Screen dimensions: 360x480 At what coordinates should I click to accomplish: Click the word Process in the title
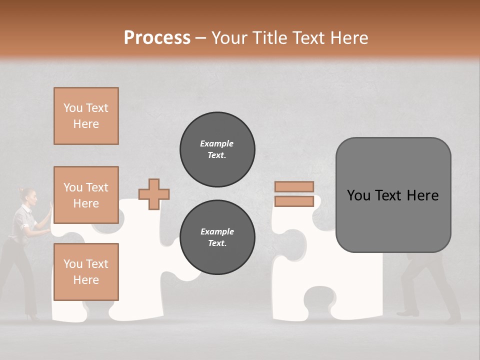pyautogui.click(x=157, y=37)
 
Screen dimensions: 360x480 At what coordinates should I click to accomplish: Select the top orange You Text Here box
pyautogui.click(x=86, y=116)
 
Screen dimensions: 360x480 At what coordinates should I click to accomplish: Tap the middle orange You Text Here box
pyautogui.click(x=86, y=195)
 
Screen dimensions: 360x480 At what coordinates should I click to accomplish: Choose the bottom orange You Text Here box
pyautogui.click(x=86, y=272)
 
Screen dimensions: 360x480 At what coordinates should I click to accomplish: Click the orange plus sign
pyautogui.click(x=154, y=194)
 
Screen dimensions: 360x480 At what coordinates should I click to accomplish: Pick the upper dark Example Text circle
pyautogui.click(x=217, y=149)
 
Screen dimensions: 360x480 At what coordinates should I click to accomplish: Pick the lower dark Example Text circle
pyautogui.click(x=217, y=237)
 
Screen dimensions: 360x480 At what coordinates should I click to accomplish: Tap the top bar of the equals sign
pyautogui.click(x=294, y=186)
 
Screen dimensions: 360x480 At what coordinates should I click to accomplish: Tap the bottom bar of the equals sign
pyautogui.click(x=294, y=201)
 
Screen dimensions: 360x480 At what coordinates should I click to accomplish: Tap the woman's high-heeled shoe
pyautogui.click(x=33, y=316)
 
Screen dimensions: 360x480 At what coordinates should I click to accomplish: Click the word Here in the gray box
pyautogui.click(x=422, y=195)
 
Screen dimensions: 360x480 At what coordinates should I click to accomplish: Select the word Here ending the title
pyautogui.click(x=349, y=37)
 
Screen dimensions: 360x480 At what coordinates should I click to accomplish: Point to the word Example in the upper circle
pyautogui.click(x=216, y=143)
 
